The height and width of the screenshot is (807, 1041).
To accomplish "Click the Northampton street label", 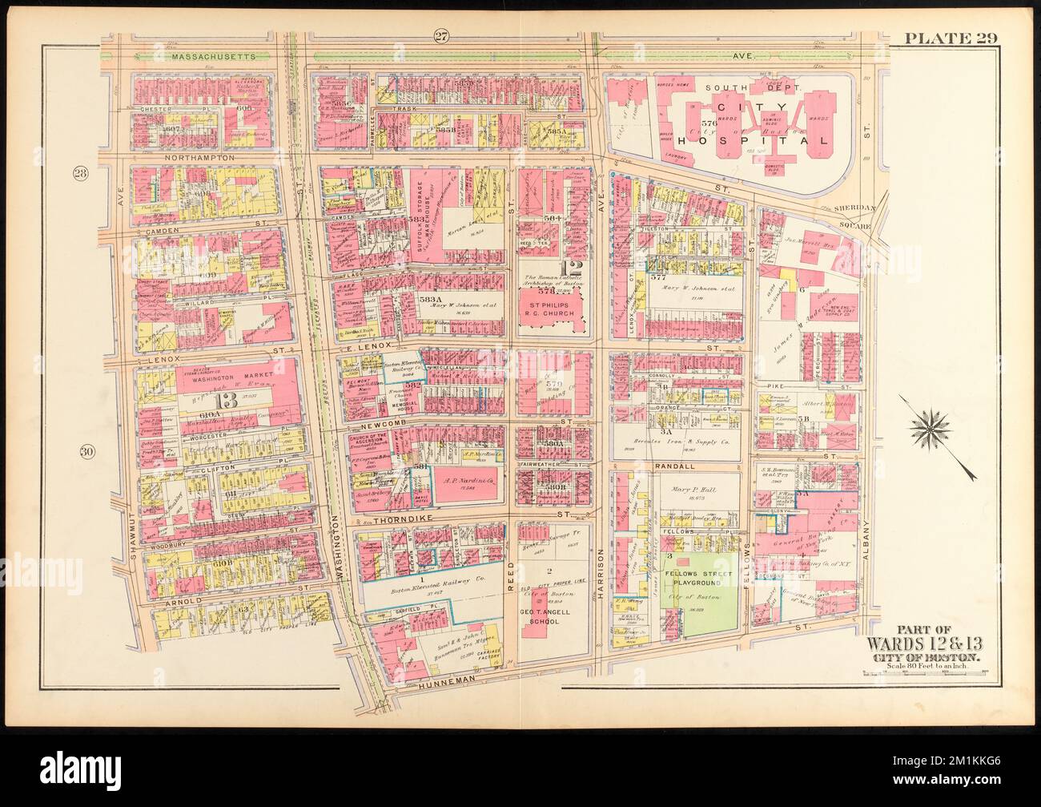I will (200, 159).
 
